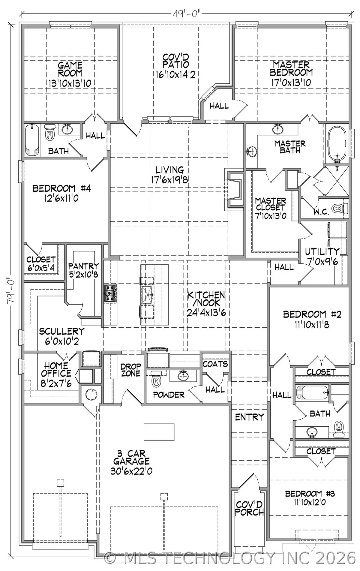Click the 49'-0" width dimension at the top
coord(186,14)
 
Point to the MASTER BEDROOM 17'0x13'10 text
coord(291,74)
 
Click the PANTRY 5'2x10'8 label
coord(83,270)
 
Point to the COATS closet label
coord(215,364)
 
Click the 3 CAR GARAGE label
coord(131,462)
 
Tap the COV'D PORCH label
coord(249,508)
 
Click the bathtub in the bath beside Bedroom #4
coord(32,140)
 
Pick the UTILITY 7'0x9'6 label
coord(322,256)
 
